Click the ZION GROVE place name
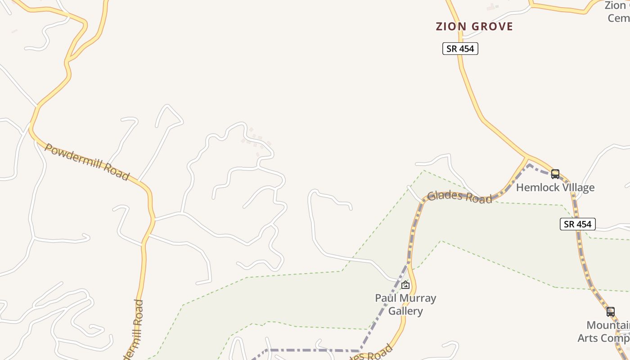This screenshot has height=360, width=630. pyautogui.click(x=474, y=27)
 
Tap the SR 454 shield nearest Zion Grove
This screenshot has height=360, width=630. pyautogui.click(x=460, y=49)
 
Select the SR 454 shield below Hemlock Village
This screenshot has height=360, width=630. pyautogui.click(x=577, y=224)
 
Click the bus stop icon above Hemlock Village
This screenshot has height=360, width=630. pyautogui.click(x=555, y=174)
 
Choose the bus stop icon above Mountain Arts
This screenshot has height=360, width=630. pyautogui.click(x=610, y=311)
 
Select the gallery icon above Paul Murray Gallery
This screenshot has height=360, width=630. pyautogui.click(x=405, y=285)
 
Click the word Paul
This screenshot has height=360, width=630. pyautogui.click(x=385, y=298)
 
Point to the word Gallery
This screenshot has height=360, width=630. pyautogui.click(x=405, y=311)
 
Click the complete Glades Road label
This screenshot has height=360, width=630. pyautogui.click(x=459, y=197)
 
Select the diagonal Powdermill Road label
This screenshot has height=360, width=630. pyautogui.click(x=87, y=162)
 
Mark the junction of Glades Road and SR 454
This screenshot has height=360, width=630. pyautogui.click(x=527, y=157)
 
